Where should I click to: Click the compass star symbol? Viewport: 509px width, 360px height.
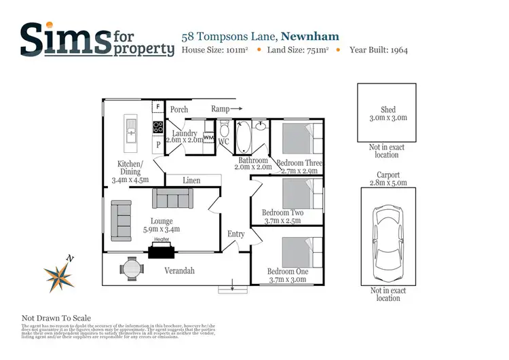pyautogui.click(x=59, y=275)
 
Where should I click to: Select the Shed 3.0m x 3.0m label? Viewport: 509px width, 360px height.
pyautogui.click(x=388, y=113)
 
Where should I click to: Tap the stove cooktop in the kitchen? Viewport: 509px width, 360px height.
pyautogui.click(x=157, y=126)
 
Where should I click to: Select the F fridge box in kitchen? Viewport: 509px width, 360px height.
pyautogui.click(x=157, y=107)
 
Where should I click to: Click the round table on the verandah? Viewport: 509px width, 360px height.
pyautogui.click(x=132, y=268)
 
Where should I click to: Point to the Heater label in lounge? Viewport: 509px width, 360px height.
pyautogui.click(x=161, y=239)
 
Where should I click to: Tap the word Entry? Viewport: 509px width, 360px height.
pyautogui.click(x=236, y=234)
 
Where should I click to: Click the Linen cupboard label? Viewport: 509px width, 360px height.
pyautogui.click(x=192, y=181)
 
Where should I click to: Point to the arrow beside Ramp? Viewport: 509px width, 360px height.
pyautogui.click(x=237, y=109)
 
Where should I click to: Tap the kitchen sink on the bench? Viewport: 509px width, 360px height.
pyautogui.click(x=130, y=132)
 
